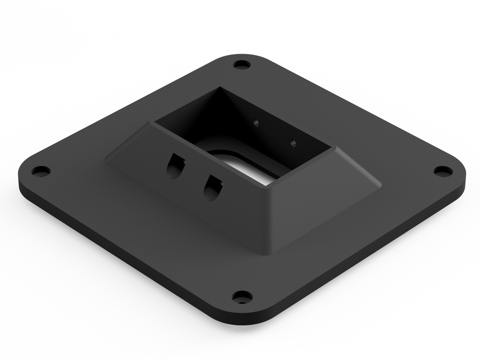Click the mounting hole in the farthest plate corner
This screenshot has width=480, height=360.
[242, 65]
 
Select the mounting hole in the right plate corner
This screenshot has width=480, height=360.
[443, 171]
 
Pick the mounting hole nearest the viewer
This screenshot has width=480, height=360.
[242, 296]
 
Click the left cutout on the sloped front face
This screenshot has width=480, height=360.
[175, 166]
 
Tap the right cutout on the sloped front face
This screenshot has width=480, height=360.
[212, 188]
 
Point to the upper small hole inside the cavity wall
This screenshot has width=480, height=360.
[256, 123]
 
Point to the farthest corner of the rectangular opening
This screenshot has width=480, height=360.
[223, 87]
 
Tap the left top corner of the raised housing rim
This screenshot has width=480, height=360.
[151, 123]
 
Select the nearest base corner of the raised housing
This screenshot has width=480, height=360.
[269, 253]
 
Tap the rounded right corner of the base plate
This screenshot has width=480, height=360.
[462, 176]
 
